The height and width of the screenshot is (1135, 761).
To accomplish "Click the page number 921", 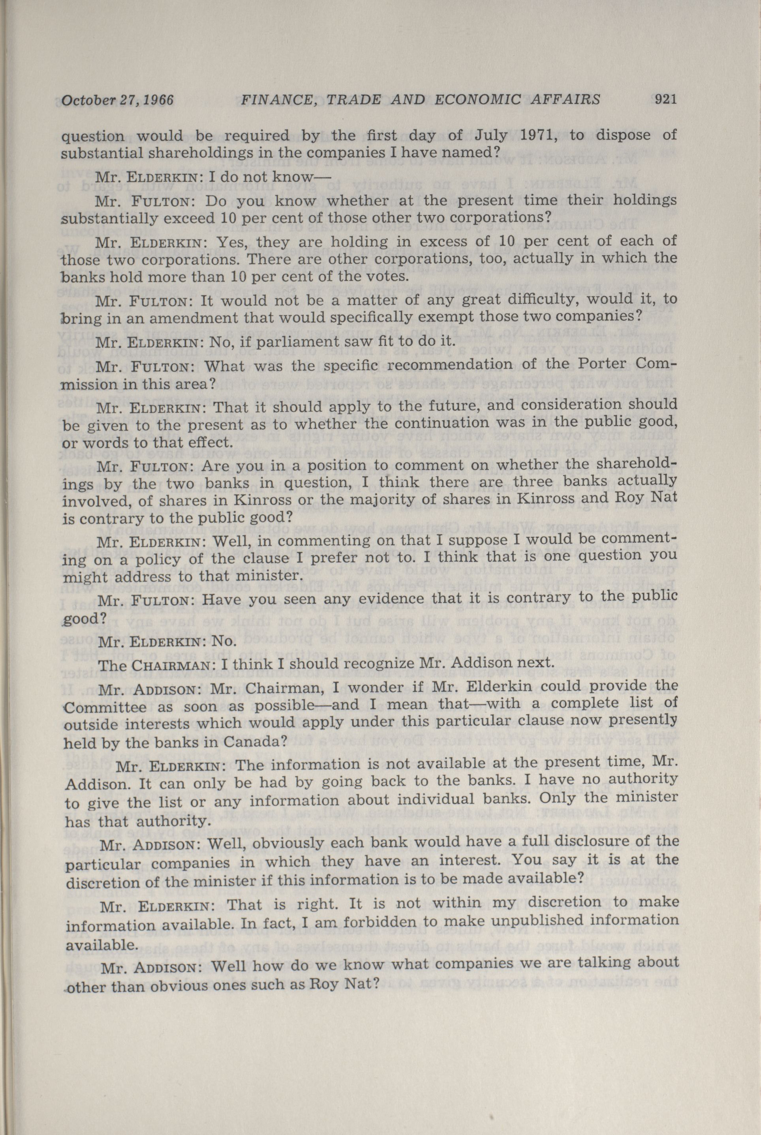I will [x=665, y=100].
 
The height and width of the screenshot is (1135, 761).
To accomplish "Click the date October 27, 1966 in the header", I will [x=117, y=101].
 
